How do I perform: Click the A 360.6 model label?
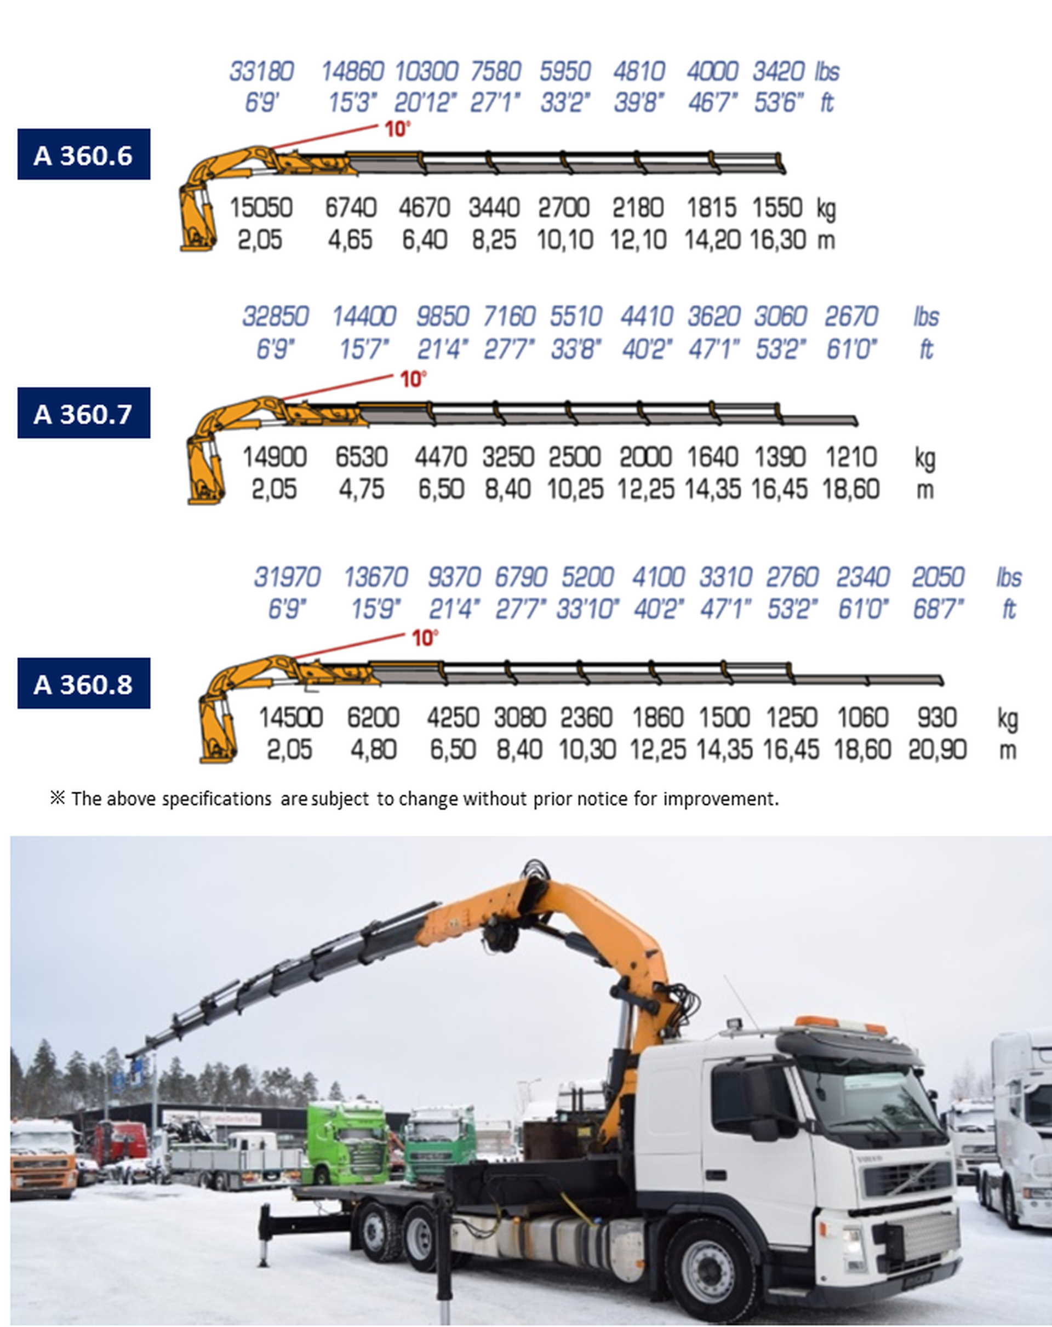pyautogui.click(x=84, y=155)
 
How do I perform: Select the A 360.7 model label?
pyautogui.click(x=84, y=413)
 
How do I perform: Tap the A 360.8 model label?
pyautogui.click(x=84, y=683)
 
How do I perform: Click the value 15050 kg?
pyautogui.click(x=261, y=208)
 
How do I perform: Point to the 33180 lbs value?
pyautogui.click(x=261, y=71)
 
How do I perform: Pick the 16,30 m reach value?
pyautogui.click(x=777, y=240)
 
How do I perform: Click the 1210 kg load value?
pyautogui.click(x=851, y=457)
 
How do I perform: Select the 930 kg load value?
pyautogui.click(x=937, y=718)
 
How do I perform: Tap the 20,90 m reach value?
pyautogui.click(x=937, y=750)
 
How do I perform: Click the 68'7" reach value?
pyautogui.click(x=937, y=609)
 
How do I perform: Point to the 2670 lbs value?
pyautogui.click(x=851, y=317)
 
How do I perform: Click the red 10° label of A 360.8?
pyautogui.click(x=425, y=638)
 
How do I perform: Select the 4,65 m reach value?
pyautogui.click(x=350, y=240)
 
